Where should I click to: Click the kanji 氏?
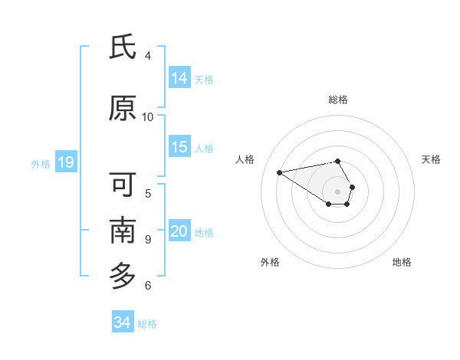pyautogui.click(x=123, y=47)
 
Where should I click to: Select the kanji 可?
pyautogui.click(x=123, y=185)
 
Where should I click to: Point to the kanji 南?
pyautogui.click(x=123, y=230)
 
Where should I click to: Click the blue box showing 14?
pyautogui.click(x=179, y=78)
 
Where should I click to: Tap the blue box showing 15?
pyautogui.click(x=179, y=147)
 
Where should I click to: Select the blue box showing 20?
pyautogui.click(x=179, y=231)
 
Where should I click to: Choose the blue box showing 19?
pyautogui.click(x=65, y=162)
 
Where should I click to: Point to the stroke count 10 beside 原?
pyautogui.click(x=148, y=116)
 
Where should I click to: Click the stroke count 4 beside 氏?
pyautogui.click(x=148, y=55)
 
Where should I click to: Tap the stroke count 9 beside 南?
pyautogui.click(x=148, y=239)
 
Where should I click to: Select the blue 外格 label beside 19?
pyautogui.click(x=41, y=163)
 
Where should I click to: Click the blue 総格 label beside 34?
pyautogui.click(x=147, y=324)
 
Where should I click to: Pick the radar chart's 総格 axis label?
pyautogui.click(x=338, y=100)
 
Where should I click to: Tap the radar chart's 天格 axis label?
pyautogui.click(x=432, y=159)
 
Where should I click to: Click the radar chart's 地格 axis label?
pyautogui.click(x=402, y=262)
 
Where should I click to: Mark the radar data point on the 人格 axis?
pyautogui.click(x=279, y=172)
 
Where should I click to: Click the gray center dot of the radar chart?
pyautogui.click(x=338, y=191)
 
